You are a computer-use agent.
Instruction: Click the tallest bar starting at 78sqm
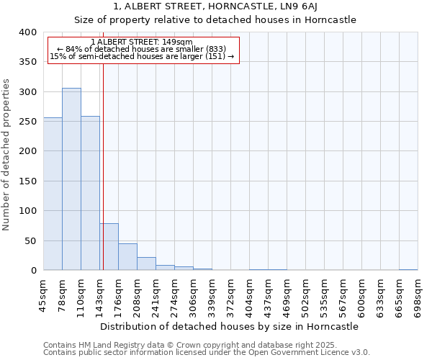71,179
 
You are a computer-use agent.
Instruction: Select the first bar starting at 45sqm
53,194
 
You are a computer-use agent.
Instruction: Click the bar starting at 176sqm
127,257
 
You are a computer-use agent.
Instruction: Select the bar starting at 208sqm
146,264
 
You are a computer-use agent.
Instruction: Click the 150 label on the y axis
27,181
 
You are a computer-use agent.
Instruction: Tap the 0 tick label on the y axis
33,271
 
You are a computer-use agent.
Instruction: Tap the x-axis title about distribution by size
230,326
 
